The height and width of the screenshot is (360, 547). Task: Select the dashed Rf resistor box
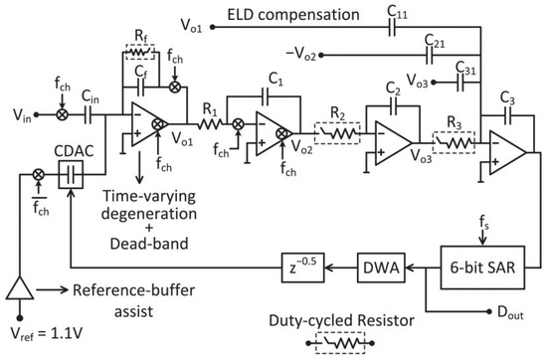coord(143,70)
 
